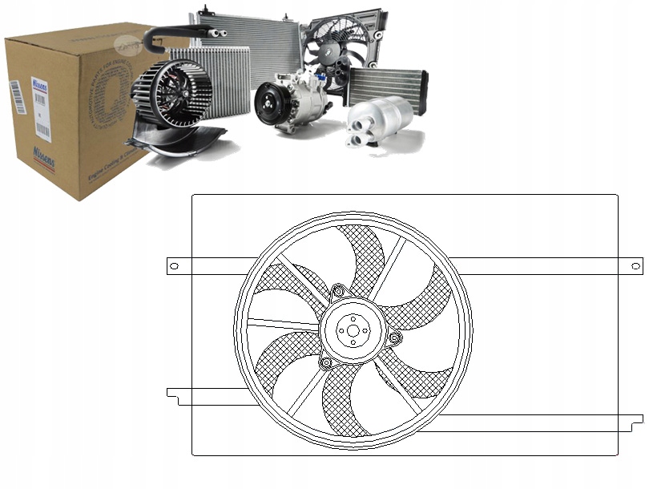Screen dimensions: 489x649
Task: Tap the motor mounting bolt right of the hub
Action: click(394, 340)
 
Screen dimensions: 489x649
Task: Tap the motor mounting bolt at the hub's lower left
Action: click(325, 363)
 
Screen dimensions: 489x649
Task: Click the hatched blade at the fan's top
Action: click(365, 253)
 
